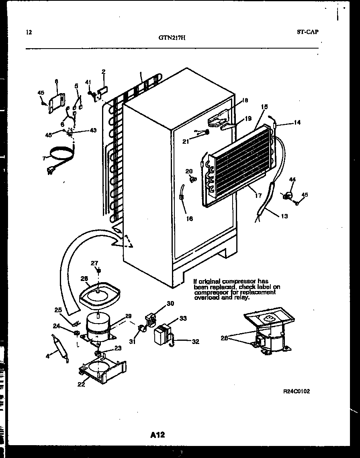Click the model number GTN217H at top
[172, 39]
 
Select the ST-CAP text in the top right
[308, 32]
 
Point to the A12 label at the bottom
[158, 435]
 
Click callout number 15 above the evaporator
[264, 107]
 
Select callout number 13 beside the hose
[284, 216]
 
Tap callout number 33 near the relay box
[183, 318]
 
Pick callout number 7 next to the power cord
[43, 158]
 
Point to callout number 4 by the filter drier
[47, 355]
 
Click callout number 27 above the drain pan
[94, 263]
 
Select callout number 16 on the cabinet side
[189, 219]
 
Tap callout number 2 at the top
[103, 72]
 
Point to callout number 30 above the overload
[170, 303]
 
